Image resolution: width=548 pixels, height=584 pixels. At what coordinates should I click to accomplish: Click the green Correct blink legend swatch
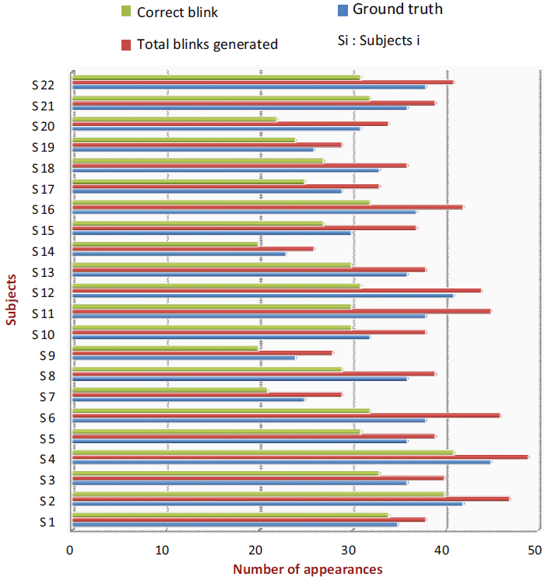(x=126, y=12)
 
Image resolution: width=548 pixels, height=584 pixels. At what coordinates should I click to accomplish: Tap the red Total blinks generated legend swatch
(x=126, y=44)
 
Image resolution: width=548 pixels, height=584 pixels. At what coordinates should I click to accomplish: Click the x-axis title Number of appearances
(x=307, y=569)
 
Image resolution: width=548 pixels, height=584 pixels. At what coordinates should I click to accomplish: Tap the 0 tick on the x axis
(x=71, y=551)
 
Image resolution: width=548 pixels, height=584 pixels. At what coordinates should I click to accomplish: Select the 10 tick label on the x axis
(x=163, y=551)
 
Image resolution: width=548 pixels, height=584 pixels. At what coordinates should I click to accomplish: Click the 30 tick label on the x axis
(x=349, y=551)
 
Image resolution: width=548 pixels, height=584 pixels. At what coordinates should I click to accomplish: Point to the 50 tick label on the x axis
(x=535, y=551)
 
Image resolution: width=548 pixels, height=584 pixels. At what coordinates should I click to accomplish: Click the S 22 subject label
(x=43, y=85)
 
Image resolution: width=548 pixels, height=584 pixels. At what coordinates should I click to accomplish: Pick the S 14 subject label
(x=43, y=251)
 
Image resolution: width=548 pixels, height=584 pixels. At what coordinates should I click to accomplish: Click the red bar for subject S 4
(x=300, y=456)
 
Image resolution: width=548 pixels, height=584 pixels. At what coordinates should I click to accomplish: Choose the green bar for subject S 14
(x=164, y=243)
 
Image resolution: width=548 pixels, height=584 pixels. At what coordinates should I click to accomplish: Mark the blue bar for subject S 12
(x=262, y=295)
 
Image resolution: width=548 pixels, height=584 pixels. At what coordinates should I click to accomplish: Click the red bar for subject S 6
(x=286, y=415)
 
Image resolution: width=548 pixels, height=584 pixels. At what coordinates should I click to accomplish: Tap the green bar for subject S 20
(x=174, y=119)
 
